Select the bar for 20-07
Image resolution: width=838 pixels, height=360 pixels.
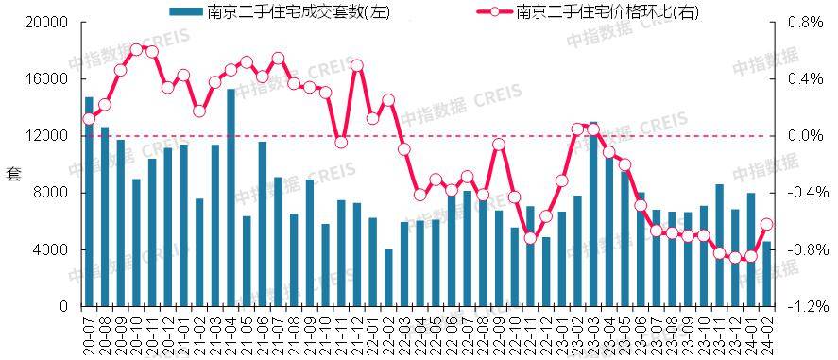pos(89,202)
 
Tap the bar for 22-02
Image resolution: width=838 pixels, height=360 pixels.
pos(388,278)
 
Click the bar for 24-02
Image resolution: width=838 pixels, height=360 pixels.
pos(767,274)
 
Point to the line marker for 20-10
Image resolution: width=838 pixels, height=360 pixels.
pos(136,49)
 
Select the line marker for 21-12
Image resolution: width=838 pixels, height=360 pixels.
pos(357,66)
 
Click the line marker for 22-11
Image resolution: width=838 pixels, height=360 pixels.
pos(530,237)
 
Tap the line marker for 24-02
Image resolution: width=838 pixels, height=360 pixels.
pos(767,225)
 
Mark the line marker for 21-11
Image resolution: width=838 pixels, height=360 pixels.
pos(341,142)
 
